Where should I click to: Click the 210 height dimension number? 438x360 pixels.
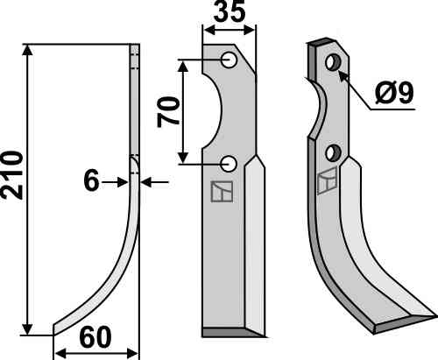pyautogui.click(x=12, y=175)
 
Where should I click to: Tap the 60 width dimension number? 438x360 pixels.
pyautogui.click(x=95, y=337)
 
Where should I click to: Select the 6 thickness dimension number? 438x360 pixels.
pyautogui.click(x=91, y=181)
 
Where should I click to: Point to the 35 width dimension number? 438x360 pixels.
pyautogui.click(x=230, y=11)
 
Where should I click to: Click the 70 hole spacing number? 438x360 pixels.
pyautogui.click(x=168, y=112)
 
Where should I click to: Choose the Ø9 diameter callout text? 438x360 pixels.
pyautogui.click(x=394, y=93)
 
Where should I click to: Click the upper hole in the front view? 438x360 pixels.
pyautogui.click(x=229, y=60)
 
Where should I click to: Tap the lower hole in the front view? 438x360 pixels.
pyautogui.click(x=229, y=164)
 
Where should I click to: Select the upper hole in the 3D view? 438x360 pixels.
pyautogui.click(x=333, y=62)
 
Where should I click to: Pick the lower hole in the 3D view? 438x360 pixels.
pyautogui.click(x=334, y=153)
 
